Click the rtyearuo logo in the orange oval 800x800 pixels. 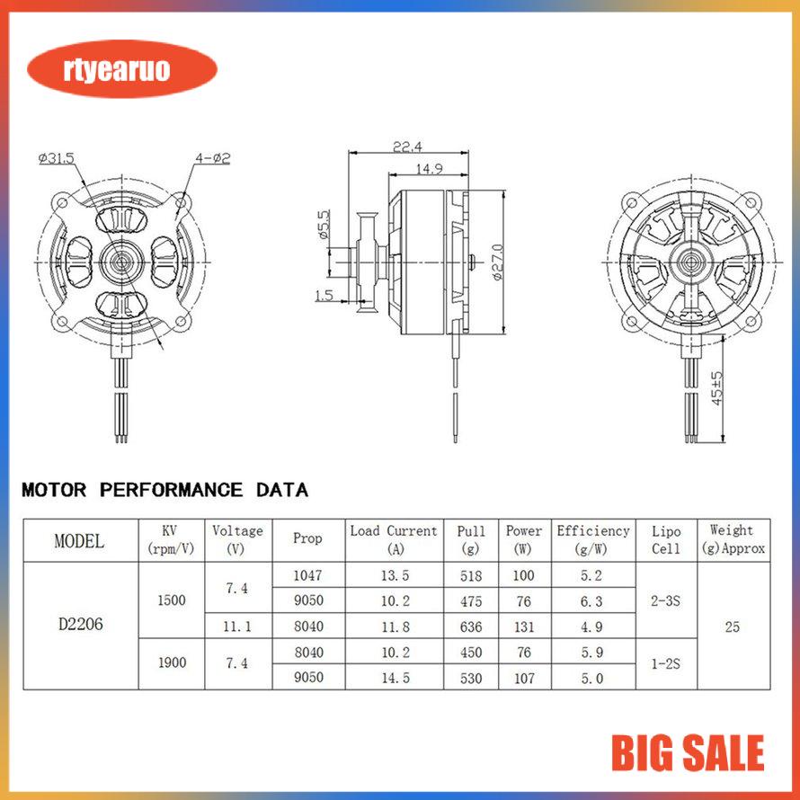(122, 70)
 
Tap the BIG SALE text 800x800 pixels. (688, 753)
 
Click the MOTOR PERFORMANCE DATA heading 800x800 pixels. (164, 491)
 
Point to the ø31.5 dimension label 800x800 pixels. (56, 158)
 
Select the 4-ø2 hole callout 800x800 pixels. (212, 158)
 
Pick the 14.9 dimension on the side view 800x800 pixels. (428, 168)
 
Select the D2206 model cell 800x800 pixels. (79, 626)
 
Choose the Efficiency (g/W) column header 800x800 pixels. (592, 539)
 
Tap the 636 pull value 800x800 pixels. (469, 627)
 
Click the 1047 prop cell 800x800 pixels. (307, 575)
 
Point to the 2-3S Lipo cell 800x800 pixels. (665, 600)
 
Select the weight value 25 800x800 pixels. (732, 627)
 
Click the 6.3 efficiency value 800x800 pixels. (592, 600)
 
